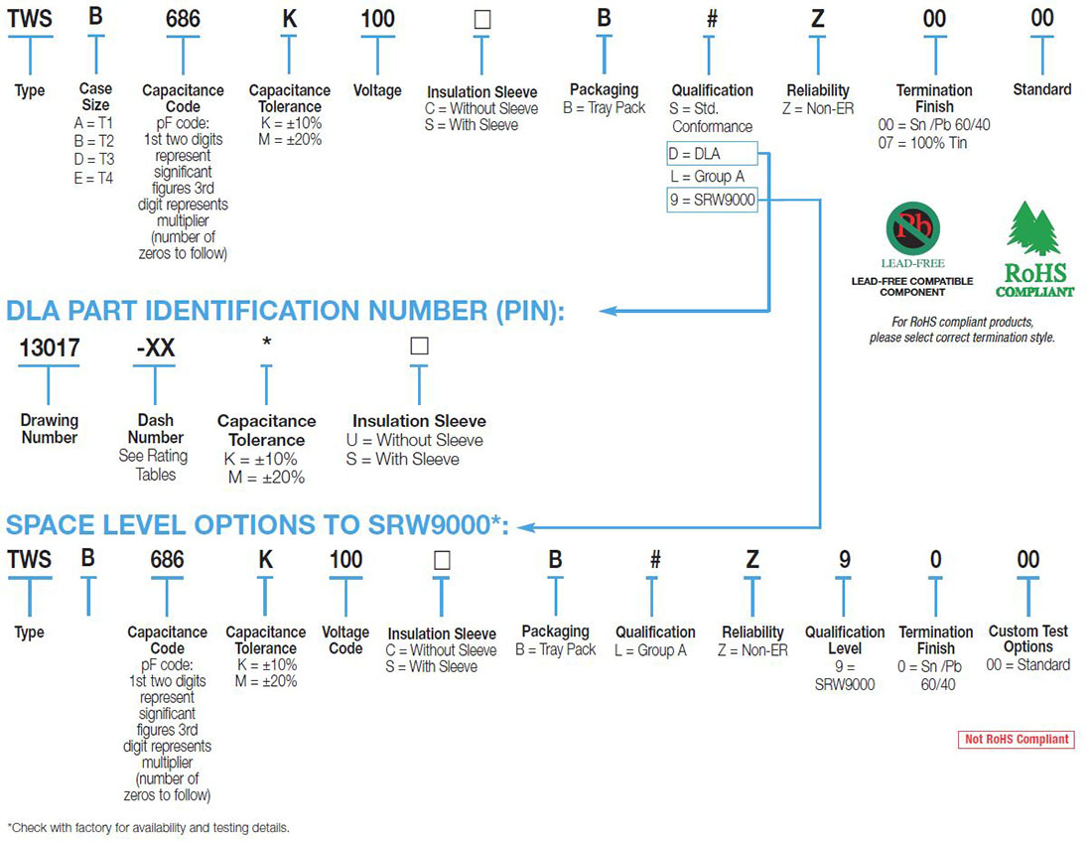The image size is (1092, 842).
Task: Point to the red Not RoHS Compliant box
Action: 1016,739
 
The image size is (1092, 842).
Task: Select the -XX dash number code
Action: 155,348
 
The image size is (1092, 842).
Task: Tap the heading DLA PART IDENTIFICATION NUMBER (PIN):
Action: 285,311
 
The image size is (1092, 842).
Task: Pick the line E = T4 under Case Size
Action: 95,179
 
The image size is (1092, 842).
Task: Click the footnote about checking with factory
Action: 149,827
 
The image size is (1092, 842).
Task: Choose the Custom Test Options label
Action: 1027,638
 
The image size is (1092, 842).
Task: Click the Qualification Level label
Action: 845,639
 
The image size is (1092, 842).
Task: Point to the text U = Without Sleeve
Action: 415,440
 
